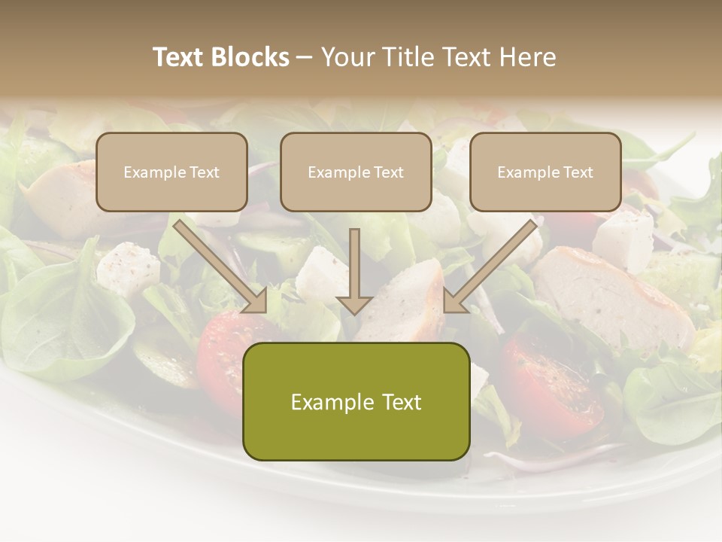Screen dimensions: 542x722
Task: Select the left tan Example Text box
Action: (171, 172)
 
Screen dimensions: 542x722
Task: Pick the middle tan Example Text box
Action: (356, 172)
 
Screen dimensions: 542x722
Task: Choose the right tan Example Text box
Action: (545, 172)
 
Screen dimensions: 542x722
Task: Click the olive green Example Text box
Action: (356, 401)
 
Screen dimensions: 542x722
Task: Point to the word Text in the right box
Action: (578, 172)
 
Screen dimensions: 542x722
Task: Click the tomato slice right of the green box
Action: (553, 384)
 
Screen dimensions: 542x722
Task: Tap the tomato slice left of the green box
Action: (222, 346)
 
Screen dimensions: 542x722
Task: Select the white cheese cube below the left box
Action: (128, 267)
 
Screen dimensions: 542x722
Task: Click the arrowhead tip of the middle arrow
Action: (354, 312)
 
